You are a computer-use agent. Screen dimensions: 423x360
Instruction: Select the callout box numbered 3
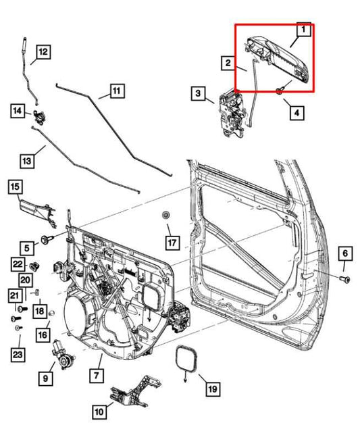coord(197,93)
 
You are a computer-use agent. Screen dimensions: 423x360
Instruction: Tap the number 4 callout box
coord(296,112)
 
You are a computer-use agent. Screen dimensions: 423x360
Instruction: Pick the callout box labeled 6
coord(344,253)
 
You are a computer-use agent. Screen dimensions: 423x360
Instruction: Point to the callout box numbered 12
coord(42,51)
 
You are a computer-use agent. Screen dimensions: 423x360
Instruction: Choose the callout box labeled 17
coord(172,241)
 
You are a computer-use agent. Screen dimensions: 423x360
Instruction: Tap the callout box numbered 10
coord(99,410)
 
